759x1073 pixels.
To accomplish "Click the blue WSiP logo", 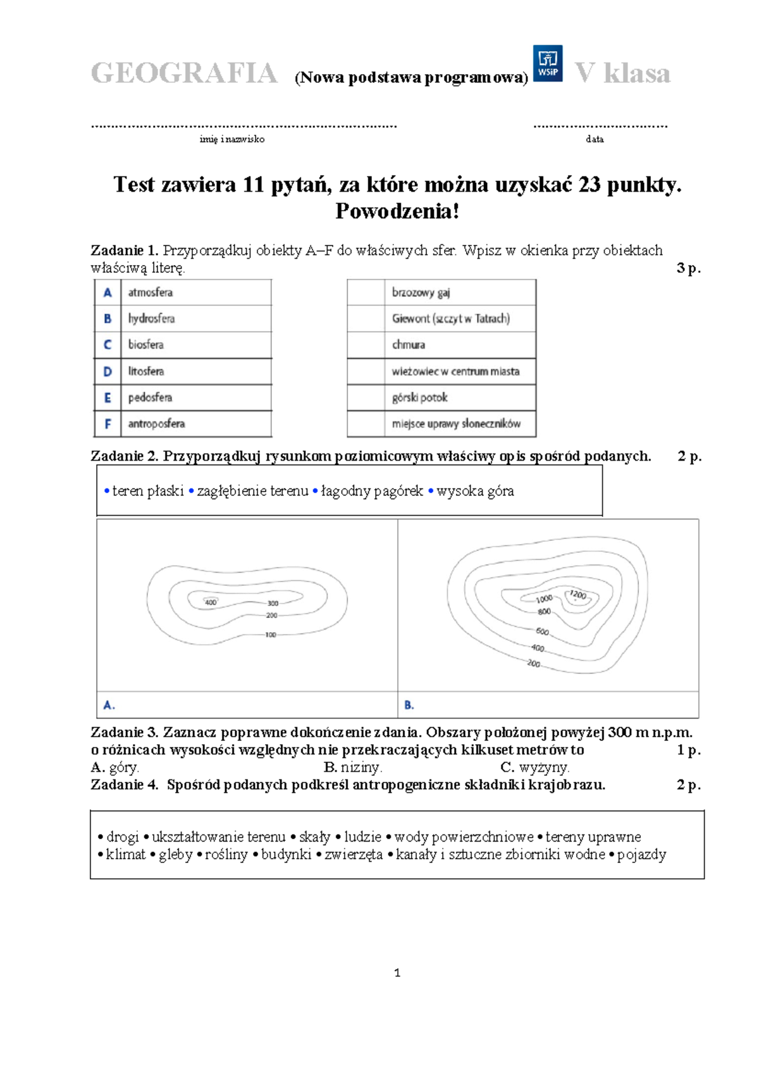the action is point(547,63).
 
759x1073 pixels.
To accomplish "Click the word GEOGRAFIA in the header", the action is point(184,73).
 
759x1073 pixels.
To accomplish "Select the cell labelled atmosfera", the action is point(196,292).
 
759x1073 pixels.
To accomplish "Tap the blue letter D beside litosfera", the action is point(108,371).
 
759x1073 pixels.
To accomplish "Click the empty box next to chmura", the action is point(366,345).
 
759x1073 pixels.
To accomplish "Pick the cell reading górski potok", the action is point(460,397).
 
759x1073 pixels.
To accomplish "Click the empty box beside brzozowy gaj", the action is point(366,292).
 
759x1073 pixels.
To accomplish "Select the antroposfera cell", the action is point(196,423).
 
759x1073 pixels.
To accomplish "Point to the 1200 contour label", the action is point(578,595).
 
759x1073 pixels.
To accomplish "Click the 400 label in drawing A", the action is point(211,602).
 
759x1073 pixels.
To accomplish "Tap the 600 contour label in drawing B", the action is point(542,631).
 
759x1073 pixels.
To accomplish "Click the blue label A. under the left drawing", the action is point(109,705).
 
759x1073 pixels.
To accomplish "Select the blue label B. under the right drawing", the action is point(409,705).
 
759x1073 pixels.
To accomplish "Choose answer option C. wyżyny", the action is point(535,767).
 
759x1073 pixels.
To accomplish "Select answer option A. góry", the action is point(115,767).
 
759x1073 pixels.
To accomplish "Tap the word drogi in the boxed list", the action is point(123,837).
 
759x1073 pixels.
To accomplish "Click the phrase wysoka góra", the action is point(475,491).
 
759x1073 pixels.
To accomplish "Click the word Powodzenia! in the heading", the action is point(397,211).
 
